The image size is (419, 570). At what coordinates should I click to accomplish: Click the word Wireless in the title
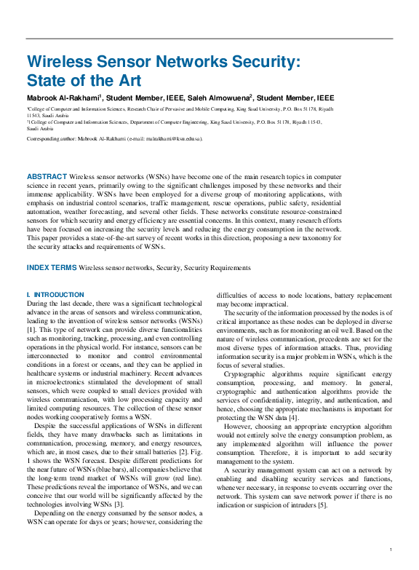pyautogui.click(x=60, y=63)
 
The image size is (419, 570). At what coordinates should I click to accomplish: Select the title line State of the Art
pyautogui.click(x=84, y=80)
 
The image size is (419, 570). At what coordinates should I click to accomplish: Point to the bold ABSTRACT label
pyautogui.click(x=47, y=177)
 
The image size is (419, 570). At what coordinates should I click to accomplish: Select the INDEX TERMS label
pyautogui.click(x=52, y=268)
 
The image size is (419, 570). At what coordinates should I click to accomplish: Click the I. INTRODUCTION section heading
pyautogui.click(x=55, y=295)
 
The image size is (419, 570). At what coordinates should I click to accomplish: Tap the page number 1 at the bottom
pyautogui.click(x=391, y=550)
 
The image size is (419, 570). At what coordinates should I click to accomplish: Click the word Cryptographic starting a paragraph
pyautogui.click(x=248, y=373)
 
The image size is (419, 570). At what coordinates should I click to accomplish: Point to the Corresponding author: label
pyautogui.click(x=55, y=138)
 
